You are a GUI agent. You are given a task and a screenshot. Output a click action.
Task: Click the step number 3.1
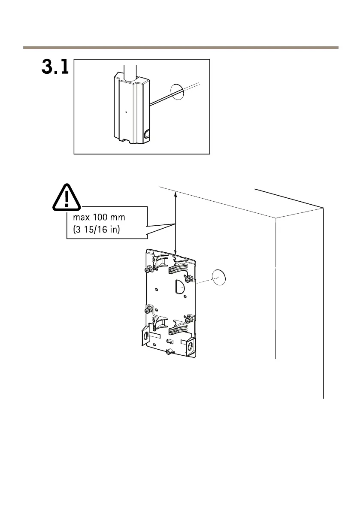pyautogui.click(x=55, y=67)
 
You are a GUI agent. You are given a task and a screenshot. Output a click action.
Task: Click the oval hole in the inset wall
pyautogui.click(x=177, y=91)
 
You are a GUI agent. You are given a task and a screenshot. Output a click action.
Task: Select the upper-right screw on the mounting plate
pyautogui.click(x=188, y=280)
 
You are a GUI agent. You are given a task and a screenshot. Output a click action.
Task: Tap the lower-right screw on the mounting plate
pyautogui.click(x=188, y=320)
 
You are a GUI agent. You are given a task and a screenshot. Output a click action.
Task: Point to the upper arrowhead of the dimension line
pyautogui.click(x=175, y=194)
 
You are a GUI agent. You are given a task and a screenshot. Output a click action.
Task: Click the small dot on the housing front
pyautogui.click(x=126, y=112)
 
